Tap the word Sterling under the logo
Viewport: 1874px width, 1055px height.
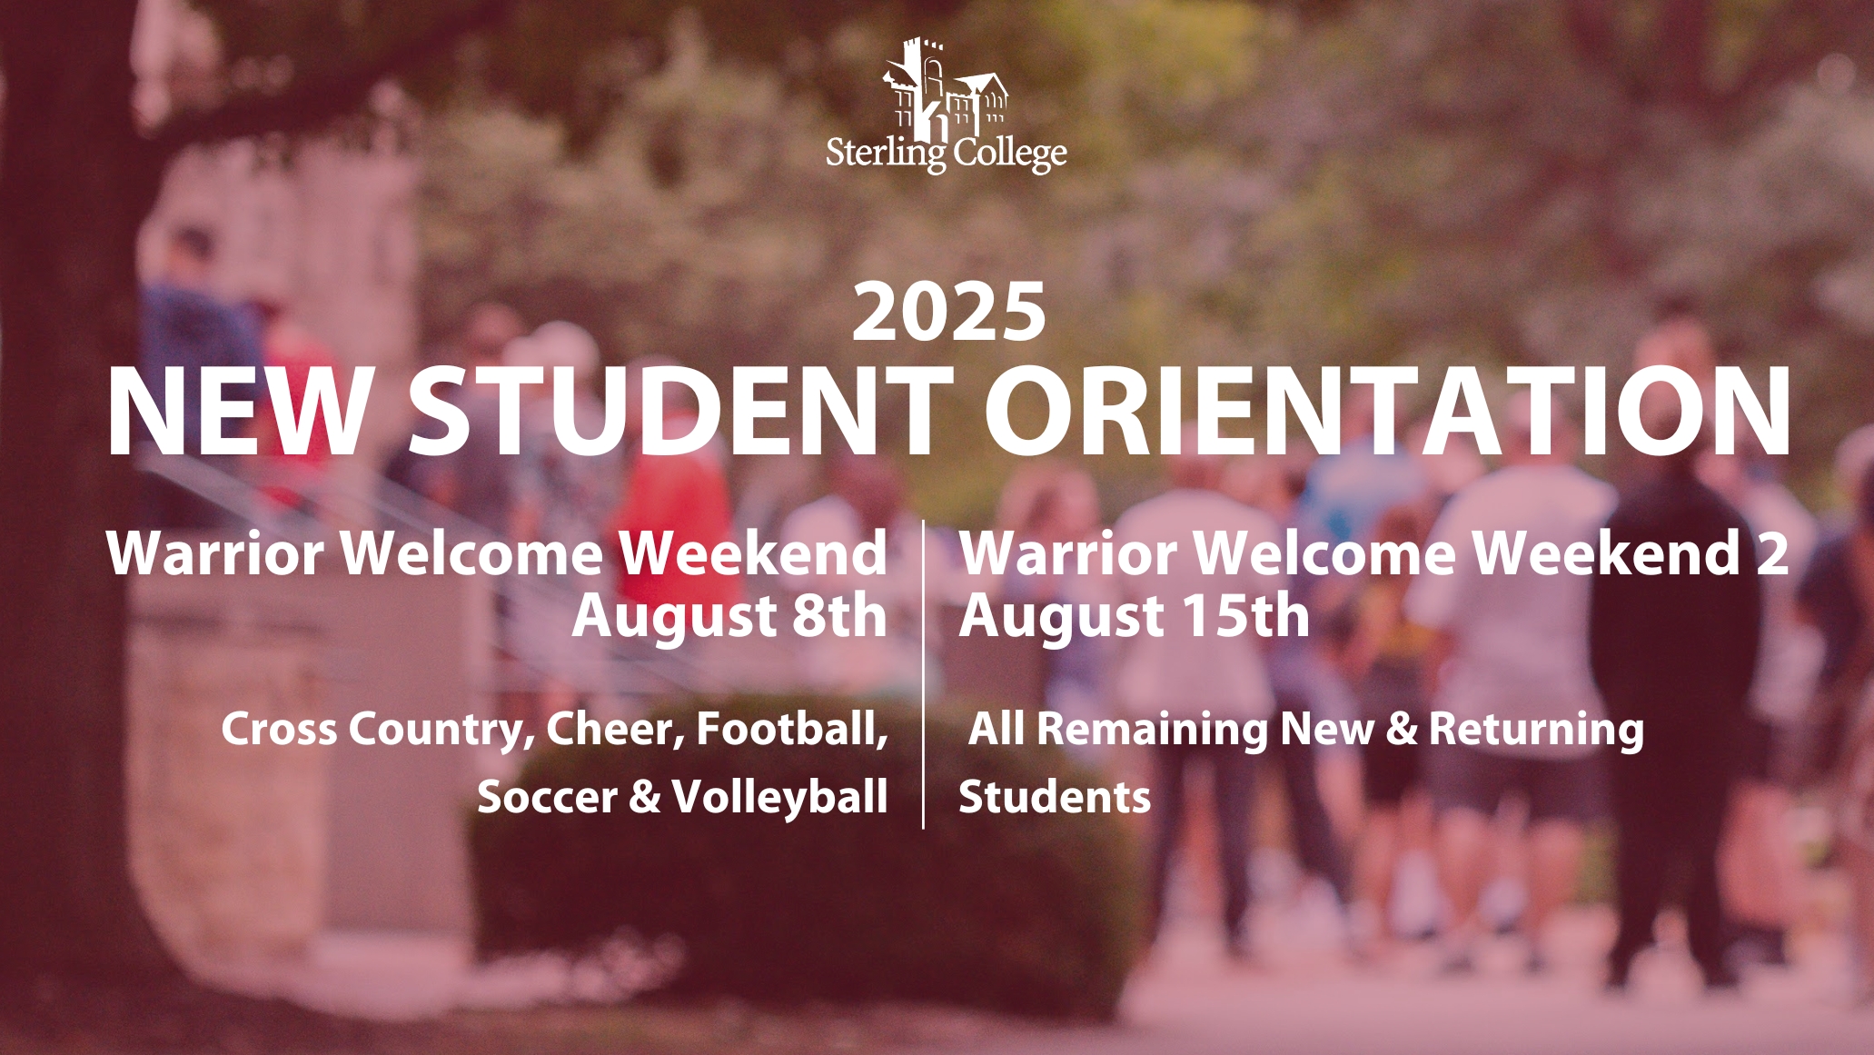pos(886,154)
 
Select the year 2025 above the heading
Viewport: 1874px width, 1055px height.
pos(949,312)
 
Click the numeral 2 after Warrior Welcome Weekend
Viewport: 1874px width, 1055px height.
pos(1772,552)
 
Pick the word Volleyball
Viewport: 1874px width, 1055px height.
pos(780,798)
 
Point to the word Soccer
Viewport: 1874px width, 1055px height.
pos(548,798)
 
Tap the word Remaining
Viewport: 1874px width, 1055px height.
pos(1152,730)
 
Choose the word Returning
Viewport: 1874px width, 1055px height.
pos(1537,730)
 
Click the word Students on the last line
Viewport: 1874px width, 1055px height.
pos(1055,797)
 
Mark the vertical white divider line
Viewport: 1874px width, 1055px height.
pos(924,674)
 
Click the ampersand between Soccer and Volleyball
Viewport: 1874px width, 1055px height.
pos(645,798)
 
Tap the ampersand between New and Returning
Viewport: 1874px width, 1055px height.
pos(1402,730)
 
